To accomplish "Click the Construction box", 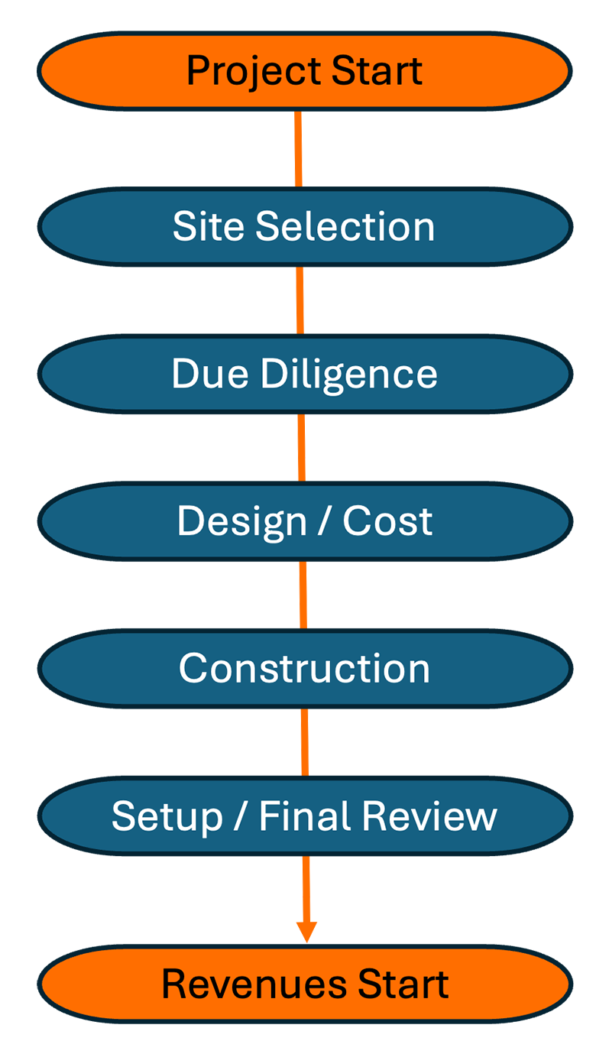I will [304, 668].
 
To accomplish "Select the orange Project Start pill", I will [304, 70].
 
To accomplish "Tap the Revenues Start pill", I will [304, 984].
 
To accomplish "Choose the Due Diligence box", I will [304, 374].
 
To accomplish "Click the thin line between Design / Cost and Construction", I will [303, 595].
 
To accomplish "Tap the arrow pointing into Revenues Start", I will [306, 902].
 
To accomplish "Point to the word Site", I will [209, 226].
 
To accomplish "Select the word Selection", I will [345, 226].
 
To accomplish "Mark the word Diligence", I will [348, 375].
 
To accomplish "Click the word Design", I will [241, 521].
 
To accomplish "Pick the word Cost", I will [387, 521].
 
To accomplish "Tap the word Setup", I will [167, 816].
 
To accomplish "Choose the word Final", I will [307, 816].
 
